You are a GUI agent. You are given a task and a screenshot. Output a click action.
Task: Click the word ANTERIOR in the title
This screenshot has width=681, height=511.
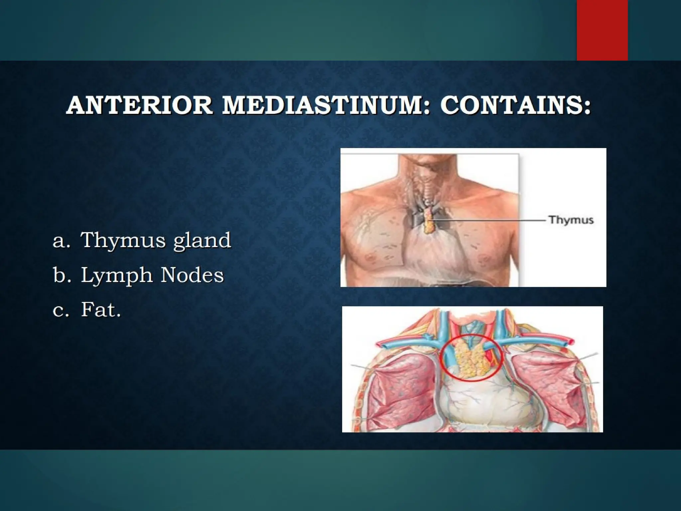139,105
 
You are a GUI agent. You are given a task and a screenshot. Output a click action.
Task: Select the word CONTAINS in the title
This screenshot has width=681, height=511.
515,105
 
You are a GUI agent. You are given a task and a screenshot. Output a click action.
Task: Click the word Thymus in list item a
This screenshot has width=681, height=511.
123,241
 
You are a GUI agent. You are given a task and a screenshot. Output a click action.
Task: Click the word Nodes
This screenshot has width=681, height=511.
192,275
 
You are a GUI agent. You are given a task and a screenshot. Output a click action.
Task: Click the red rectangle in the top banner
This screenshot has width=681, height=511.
602,30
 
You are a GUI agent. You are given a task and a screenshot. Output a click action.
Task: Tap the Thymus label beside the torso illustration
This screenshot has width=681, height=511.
571,220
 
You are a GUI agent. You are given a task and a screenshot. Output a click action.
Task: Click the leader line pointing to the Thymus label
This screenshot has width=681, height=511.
489,220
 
